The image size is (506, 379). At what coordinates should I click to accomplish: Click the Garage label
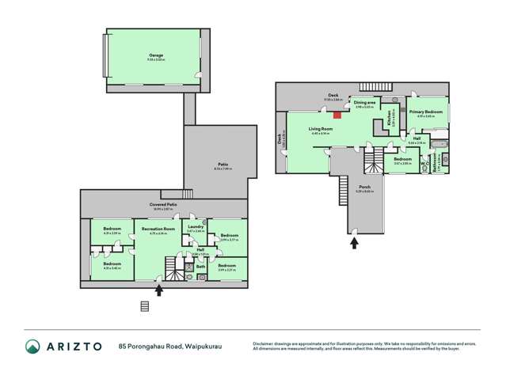point(156,55)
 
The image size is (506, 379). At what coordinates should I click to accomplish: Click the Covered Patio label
point(162,204)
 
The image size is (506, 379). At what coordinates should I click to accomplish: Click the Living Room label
point(320,128)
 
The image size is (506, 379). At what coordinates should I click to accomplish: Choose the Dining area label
point(364,103)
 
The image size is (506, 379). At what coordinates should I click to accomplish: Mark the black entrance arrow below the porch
point(355,241)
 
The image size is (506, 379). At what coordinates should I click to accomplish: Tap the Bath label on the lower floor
point(200,267)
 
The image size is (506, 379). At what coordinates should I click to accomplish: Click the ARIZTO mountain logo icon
point(31,346)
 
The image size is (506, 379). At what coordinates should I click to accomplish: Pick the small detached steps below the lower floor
point(144,306)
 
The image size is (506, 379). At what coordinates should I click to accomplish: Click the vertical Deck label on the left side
point(280,139)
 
